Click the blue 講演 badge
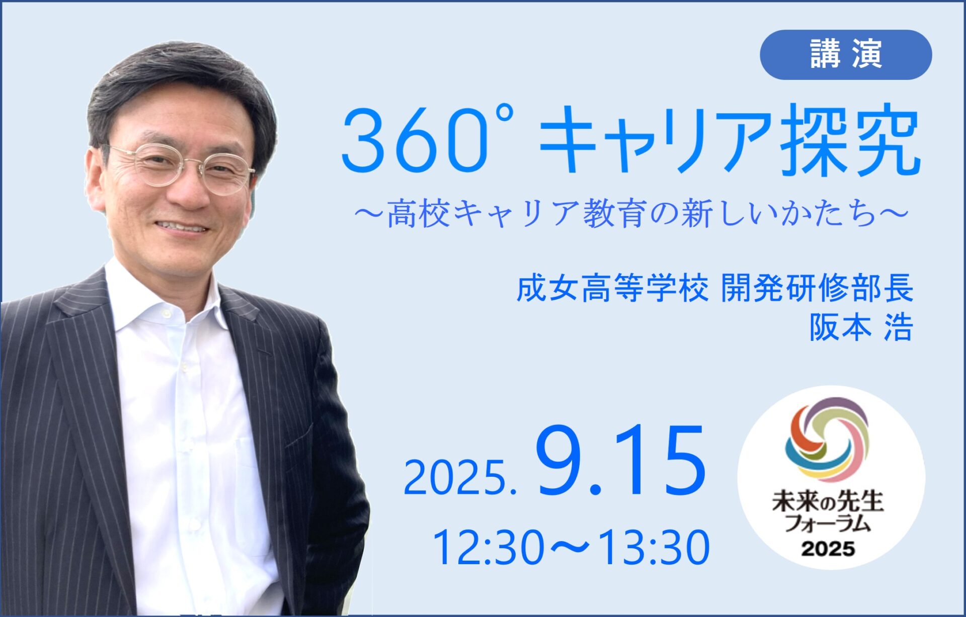pos(846,55)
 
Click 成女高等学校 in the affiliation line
pos(612,289)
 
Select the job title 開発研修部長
pos(817,289)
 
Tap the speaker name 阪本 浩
pos(861,328)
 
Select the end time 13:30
pos(654,547)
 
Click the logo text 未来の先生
pos(828,502)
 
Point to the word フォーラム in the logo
pos(828,523)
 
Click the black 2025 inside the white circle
pos(828,549)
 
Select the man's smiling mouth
pos(182,227)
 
